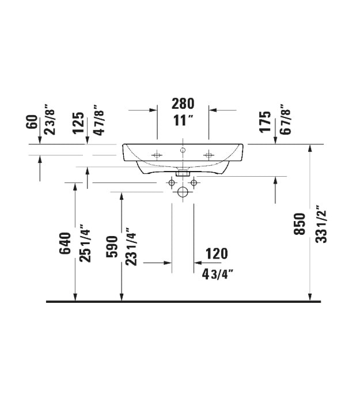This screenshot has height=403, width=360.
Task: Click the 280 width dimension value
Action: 183,104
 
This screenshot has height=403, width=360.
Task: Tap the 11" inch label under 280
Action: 183,120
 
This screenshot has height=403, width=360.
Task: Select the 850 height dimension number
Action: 300,224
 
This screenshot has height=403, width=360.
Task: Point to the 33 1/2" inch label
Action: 321,224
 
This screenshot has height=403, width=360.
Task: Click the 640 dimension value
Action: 65,243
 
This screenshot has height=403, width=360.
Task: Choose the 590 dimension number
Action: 112,247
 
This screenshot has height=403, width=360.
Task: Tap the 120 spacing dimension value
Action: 217,254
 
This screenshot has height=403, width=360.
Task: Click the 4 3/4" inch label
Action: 218,275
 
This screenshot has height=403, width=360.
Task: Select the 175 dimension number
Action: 266,122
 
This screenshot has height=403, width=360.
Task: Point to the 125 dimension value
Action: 78,123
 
